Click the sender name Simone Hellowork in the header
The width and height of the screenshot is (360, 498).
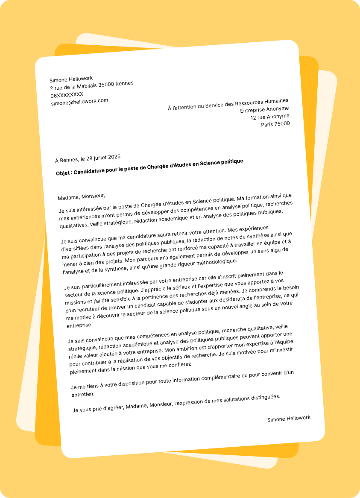click(x=71, y=79)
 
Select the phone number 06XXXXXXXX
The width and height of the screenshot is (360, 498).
click(x=67, y=95)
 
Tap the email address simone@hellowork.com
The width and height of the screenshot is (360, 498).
click(x=79, y=102)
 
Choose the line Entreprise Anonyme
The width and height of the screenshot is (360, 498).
click(x=264, y=109)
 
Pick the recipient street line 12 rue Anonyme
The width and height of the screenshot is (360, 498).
click(x=269, y=117)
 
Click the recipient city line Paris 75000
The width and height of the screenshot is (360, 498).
click(x=275, y=124)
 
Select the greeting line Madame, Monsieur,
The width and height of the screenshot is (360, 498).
click(x=81, y=196)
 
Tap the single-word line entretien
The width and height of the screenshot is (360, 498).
click(x=83, y=394)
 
